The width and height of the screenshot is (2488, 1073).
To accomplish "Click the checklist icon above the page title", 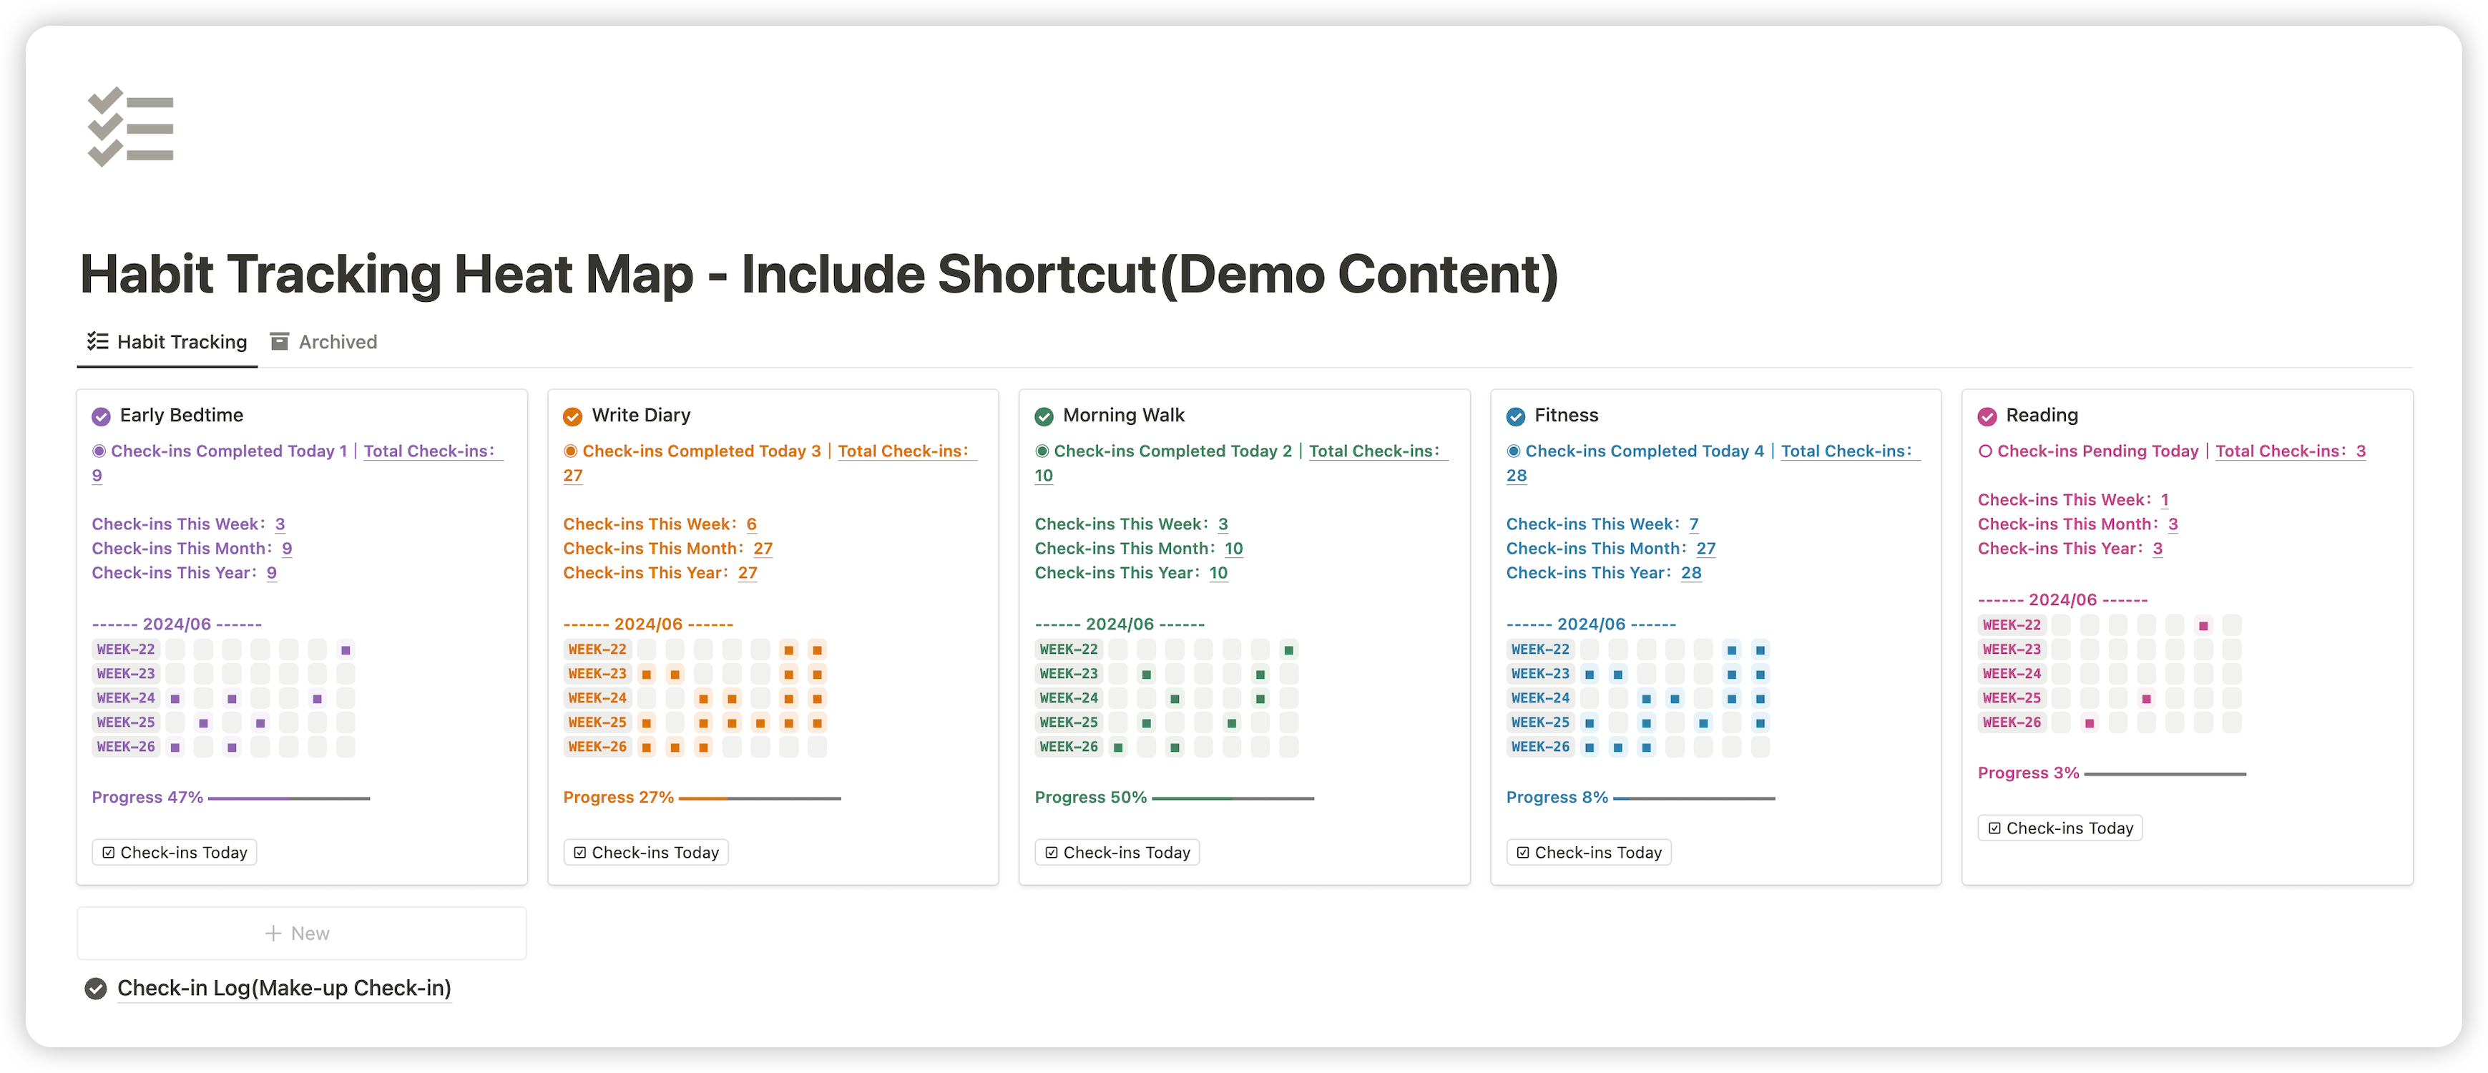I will (x=130, y=127).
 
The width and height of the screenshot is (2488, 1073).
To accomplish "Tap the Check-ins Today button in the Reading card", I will (x=2060, y=828).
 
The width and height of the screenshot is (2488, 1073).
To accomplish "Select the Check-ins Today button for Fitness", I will (x=1589, y=853).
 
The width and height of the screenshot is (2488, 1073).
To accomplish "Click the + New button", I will (x=300, y=933).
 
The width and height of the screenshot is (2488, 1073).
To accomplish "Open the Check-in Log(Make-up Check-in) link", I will (x=284, y=988).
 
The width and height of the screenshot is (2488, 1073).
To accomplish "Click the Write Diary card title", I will (x=640, y=416).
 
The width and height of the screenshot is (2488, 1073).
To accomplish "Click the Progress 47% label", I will (x=147, y=798).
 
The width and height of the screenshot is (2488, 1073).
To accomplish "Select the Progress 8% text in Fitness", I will (x=1557, y=798).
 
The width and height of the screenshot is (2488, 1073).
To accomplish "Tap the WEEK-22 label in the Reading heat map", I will (x=2012, y=625).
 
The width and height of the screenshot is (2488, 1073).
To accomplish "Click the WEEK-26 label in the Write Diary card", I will (x=597, y=747).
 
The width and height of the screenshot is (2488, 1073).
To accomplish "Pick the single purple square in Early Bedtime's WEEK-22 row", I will (x=346, y=650).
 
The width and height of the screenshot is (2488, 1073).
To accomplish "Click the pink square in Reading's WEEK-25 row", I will (x=2146, y=698).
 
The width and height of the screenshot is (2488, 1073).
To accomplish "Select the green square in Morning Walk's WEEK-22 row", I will (x=1288, y=650).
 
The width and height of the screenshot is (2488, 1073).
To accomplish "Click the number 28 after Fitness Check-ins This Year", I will (x=1690, y=573).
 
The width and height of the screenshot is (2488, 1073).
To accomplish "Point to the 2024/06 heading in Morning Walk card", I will (x=1120, y=624).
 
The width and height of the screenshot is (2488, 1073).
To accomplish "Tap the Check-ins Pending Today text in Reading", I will (x=2097, y=451).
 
